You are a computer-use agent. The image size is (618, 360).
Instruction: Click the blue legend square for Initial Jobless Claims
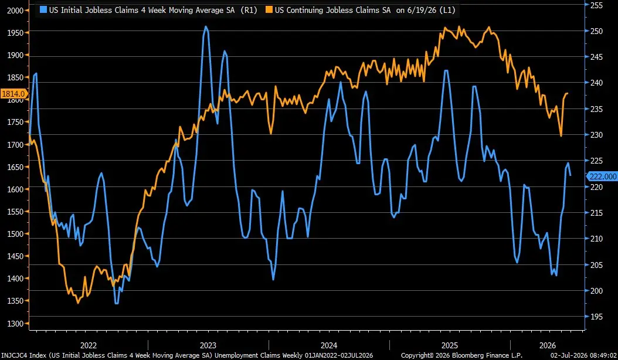(x=43, y=10)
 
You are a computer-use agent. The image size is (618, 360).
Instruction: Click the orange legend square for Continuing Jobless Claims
(x=269, y=10)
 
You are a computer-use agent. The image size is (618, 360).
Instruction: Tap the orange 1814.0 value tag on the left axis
(x=14, y=94)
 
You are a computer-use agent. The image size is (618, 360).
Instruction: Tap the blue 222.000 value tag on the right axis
(x=603, y=176)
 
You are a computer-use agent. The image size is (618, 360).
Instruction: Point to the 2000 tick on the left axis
(x=16, y=11)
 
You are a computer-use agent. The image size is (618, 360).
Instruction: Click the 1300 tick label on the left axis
(x=16, y=323)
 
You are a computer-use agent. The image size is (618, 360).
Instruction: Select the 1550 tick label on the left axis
(x=16, y=212)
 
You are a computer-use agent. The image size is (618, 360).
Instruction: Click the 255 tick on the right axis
(x=596, y=5)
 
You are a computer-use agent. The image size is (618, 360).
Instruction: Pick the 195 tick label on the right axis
(x=596, y=317)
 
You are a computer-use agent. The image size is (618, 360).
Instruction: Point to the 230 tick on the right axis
(x=596, y=135)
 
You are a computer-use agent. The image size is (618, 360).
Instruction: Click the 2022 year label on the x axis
(x=89, y=345)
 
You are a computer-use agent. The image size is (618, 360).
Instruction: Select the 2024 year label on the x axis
(x=329, y=345)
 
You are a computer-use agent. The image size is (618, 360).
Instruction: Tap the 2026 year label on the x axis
(x=548, y=345)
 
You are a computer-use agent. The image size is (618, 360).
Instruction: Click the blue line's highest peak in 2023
(x=206, y=27)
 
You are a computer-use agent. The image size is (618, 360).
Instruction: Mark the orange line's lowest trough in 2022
(x=77, y=303)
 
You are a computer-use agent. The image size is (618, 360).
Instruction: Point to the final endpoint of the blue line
(x=571, y=175)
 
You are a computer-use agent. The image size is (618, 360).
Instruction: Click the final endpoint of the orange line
(x=567, y=93)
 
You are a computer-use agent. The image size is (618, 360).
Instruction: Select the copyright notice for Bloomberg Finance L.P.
(x=461, y=356)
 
